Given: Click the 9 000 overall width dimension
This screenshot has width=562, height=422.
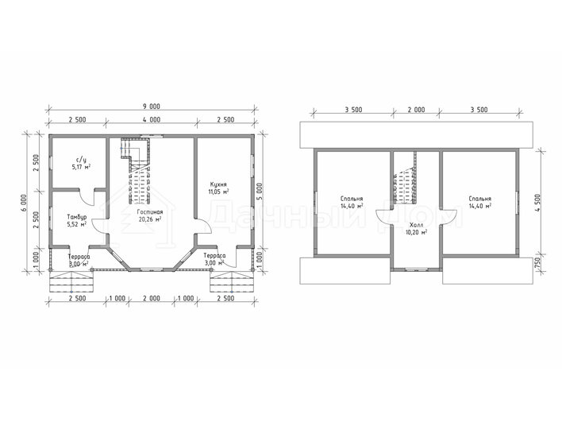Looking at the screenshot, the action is coord(152,106).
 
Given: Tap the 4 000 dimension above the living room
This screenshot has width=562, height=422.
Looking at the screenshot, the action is coord(152,120).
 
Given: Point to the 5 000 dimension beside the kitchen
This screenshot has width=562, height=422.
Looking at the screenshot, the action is coord(260,192).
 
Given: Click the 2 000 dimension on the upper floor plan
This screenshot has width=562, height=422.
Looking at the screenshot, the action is coord(416,110).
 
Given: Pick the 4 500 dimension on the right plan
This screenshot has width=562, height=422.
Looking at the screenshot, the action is coord(537,203).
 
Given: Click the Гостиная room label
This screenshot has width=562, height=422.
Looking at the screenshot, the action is coord(150,212).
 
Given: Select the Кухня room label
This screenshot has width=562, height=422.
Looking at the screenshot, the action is coord(218,184).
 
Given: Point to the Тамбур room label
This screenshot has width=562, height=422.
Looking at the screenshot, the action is coord(77,217).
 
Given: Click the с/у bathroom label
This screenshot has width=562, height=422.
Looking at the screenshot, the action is coord(81,159).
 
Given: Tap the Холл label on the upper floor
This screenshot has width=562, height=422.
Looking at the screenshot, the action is coord(416,225).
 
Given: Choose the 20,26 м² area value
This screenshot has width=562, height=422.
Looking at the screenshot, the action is coord(150,219).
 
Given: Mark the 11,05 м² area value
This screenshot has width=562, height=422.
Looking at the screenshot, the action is coord(218,192).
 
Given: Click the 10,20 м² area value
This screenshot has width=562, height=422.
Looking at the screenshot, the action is coord(416,232).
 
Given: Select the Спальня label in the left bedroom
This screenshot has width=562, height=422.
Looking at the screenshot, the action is coord(352,199).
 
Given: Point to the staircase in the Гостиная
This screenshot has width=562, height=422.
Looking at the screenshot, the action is coord(137,171).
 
